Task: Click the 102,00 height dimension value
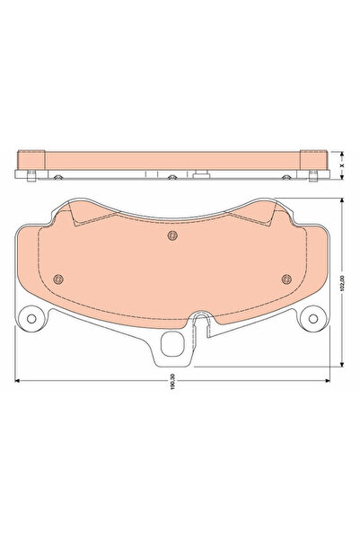tap(342, 283)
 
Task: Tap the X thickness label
tap(342, 165)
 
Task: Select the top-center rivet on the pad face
tap(172, 235)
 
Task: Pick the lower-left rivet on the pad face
tap(59, 279)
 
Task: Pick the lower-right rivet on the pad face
tap(286, 279)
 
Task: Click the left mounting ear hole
tap(31, 319)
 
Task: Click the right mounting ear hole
tap(313, 319)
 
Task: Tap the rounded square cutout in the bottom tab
tap(173, 344)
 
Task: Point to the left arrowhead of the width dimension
tap(17, 381)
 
